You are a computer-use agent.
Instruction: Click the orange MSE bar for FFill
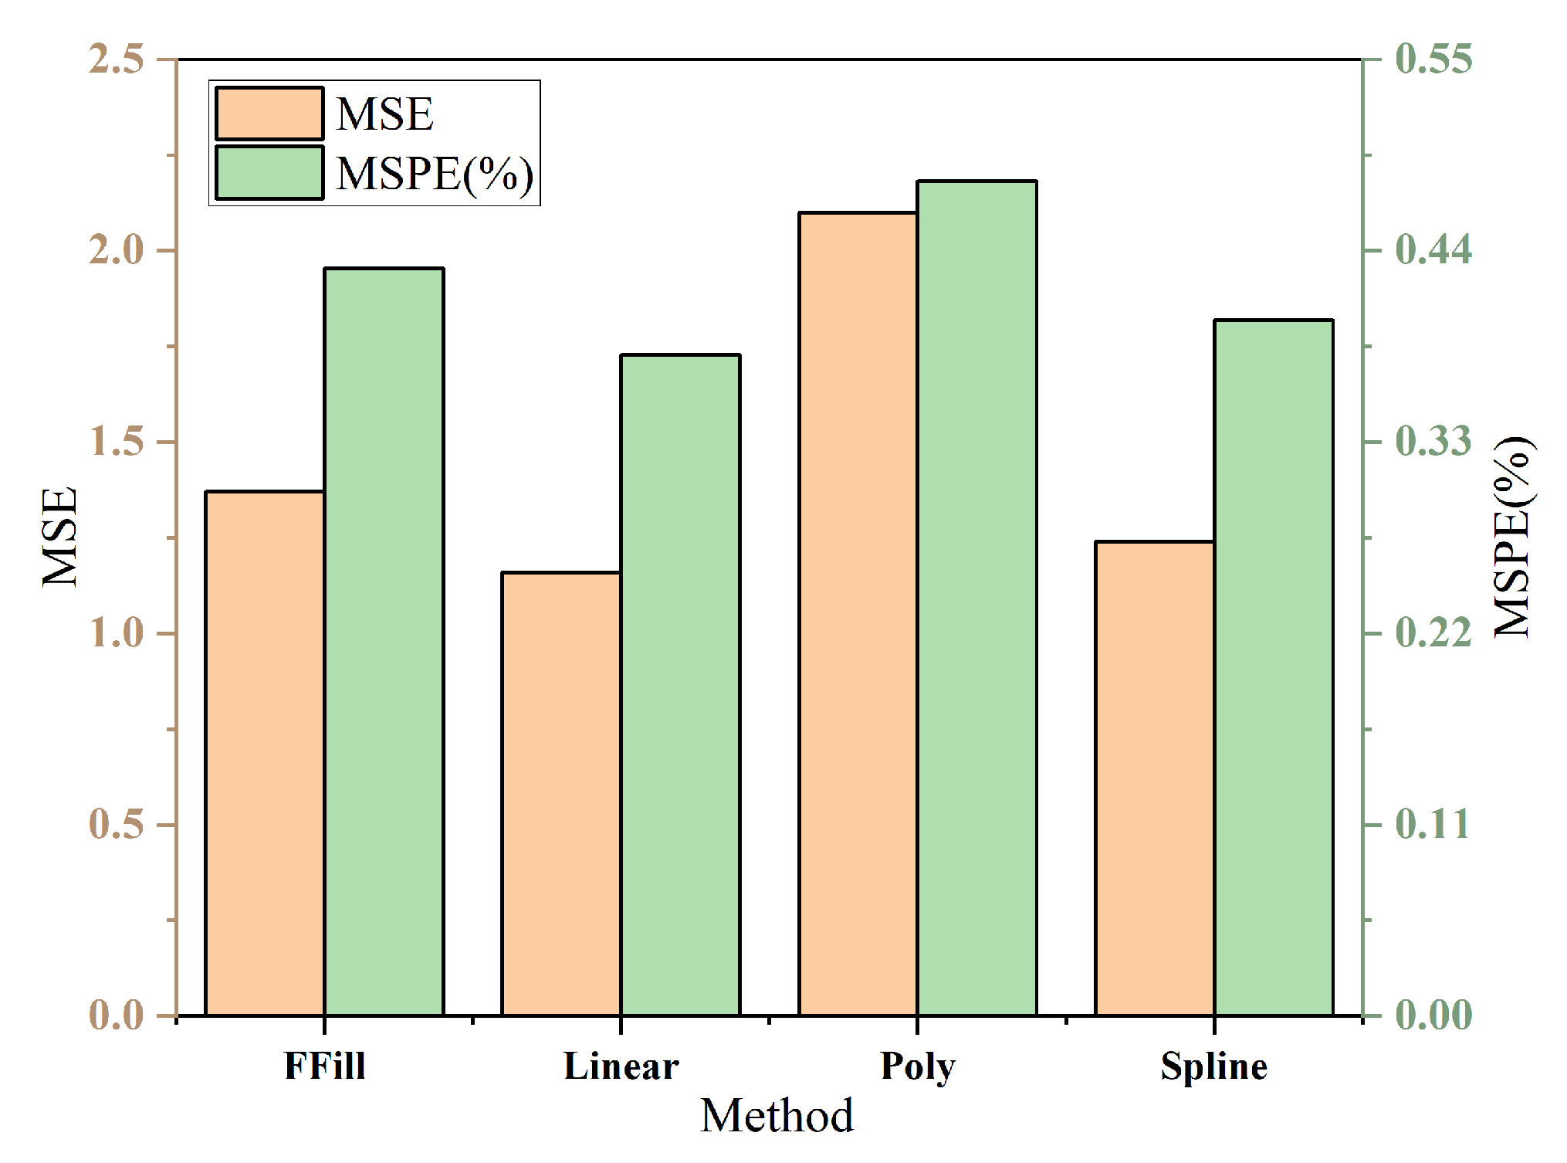coord(265,753)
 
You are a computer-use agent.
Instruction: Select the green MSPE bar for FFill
coord(384,641)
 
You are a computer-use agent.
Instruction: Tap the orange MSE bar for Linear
coord(561,794)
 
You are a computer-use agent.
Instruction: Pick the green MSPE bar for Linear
coord(680,684)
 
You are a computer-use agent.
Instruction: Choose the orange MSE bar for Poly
coord(858,613)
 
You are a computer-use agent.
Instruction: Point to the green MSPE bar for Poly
coord(976,598)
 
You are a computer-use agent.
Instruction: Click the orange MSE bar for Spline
coord(1155,778)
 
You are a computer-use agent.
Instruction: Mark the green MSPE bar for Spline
coord(1274,667)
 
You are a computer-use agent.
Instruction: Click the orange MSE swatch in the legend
coord(269,114)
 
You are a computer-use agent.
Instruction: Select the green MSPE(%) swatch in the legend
coord(269,172)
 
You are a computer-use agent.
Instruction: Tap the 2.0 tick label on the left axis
coord(117,251)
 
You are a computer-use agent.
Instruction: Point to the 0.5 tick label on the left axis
coord(117,825)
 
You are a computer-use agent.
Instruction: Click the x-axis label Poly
coord(918,1067)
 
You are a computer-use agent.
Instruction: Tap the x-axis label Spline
coord(1214,1067)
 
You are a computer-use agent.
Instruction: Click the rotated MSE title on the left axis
coord(60,536)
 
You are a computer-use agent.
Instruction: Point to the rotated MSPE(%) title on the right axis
coord(1511,536)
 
